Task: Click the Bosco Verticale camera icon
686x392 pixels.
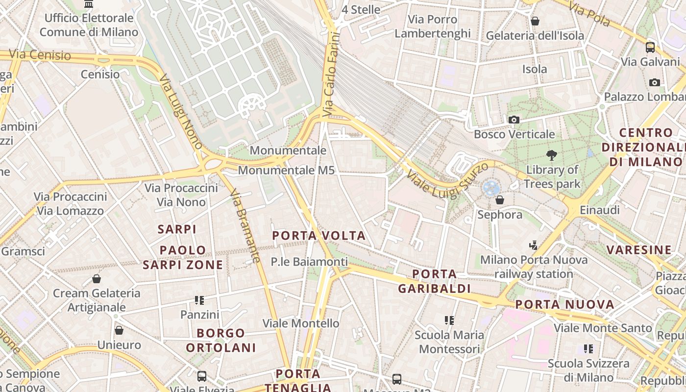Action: [x=514, y=120]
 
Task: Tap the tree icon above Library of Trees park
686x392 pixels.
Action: [x=552, y=156]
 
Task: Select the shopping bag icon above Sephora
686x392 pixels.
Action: [x=500, y=200]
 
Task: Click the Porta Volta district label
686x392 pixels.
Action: [x=319, y=236]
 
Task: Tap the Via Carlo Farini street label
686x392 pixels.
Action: [x=332, y=74]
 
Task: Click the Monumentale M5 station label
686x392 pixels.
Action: [x=286, y=171]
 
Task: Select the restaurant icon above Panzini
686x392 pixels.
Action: [x=199, y=300]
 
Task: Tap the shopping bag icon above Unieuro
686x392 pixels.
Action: [x=119, y=330]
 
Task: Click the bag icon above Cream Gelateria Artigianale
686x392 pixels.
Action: [x=97, y=279]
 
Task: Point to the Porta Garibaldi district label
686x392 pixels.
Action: [x=434, y=281]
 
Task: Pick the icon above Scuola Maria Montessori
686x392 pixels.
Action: [x=449, y=320]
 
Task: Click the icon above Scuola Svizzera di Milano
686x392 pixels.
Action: [x=588, y=349]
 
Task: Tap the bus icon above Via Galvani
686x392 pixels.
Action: [x=650, y=47]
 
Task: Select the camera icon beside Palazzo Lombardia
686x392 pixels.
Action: [x=654, y=82]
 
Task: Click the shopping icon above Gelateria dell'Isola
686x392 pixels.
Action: [x=535, y=21]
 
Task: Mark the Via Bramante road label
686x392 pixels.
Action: [x=244, y=225]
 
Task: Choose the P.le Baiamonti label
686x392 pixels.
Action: [x=309, y=262]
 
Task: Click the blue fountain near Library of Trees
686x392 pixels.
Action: [x=490, y=187]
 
